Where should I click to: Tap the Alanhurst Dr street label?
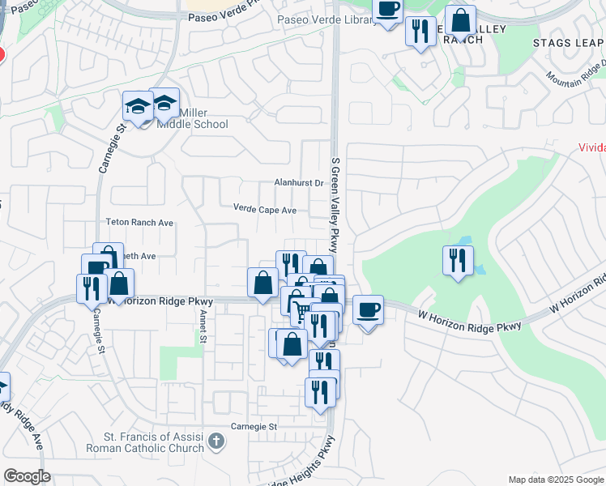tap(298, 184)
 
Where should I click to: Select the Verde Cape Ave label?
tap(265, 210)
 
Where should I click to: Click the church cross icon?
tap(216, 441)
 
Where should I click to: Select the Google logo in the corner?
tap(27, 476)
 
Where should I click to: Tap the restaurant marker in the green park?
tap(458, 260)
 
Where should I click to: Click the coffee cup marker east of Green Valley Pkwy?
tap(368, 309)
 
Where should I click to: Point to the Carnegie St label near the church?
tap(254, 426)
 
